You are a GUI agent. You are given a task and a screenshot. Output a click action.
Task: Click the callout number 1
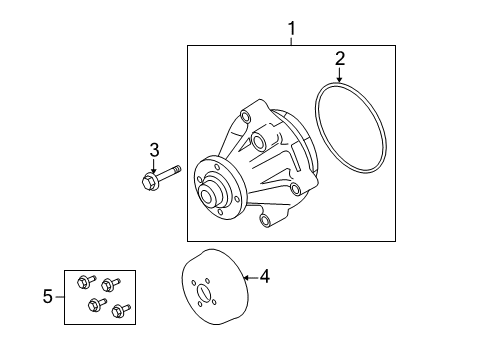292,28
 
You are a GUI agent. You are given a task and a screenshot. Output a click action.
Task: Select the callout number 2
340,59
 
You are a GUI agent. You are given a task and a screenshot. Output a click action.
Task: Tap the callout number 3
154,150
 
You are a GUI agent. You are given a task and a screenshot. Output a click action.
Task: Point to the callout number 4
264,277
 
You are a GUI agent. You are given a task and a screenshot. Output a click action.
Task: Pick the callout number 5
48,296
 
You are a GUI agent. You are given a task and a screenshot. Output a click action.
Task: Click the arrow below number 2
339,75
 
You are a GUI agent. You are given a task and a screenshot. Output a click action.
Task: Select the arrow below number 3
153,165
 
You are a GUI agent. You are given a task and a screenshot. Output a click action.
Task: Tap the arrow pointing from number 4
250,277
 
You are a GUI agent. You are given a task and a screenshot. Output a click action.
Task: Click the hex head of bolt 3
149,182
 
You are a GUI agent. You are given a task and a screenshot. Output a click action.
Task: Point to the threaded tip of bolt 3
177,169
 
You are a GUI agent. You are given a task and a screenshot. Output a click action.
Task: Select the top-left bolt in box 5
86,281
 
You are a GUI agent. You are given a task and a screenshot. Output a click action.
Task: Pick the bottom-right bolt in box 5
121,311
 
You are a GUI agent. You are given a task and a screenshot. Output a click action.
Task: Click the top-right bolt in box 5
110,284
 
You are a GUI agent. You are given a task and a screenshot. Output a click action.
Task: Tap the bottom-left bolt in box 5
97,304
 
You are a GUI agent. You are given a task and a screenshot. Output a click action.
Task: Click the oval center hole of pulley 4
203,292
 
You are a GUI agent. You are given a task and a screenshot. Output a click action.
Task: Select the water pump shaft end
206,194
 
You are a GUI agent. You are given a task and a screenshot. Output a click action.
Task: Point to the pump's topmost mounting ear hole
246,117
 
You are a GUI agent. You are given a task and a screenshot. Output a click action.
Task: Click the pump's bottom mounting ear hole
265,220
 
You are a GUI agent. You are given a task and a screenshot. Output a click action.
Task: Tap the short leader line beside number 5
60,297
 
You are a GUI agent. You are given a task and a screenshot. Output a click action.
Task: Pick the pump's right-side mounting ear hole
295,190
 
